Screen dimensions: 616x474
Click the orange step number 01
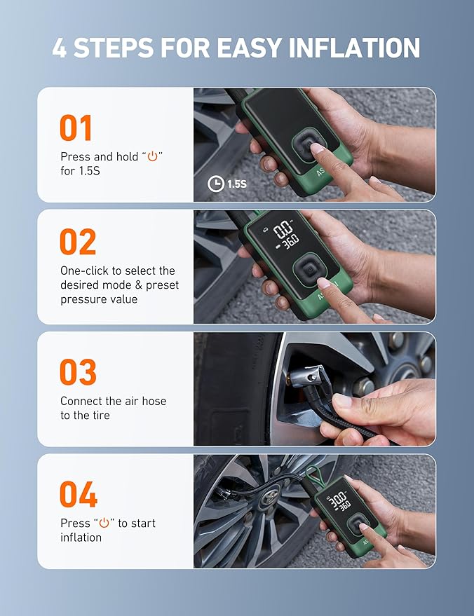tap(76, 128)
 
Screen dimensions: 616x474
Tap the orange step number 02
tap(78, 242)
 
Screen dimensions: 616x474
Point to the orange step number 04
tap(78, 495)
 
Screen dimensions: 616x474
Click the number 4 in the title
tap(60, 48)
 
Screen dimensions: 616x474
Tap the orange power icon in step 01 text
tap(152, 157)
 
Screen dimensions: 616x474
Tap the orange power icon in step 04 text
tap(104, 523)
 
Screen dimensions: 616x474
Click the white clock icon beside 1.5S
tap(216, 184)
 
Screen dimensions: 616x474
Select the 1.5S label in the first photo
tap(237, 184)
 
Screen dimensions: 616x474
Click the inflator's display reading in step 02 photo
tap(285, 233)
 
